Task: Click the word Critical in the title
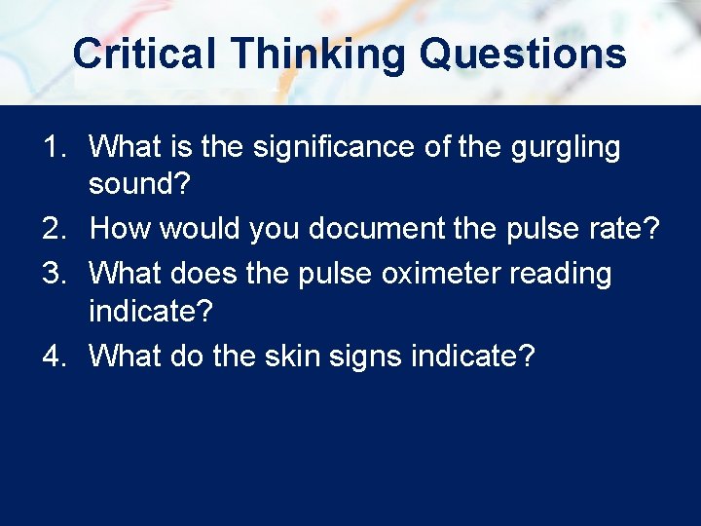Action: click(144, 54)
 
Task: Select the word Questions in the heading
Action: click(523, 54)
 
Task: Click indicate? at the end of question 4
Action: click(473, 357)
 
